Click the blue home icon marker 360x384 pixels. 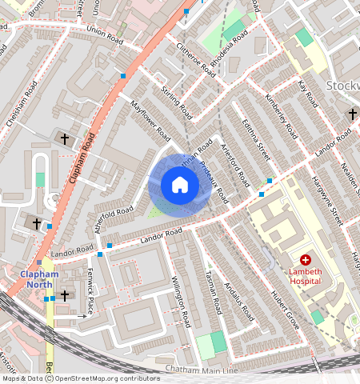(180, 185)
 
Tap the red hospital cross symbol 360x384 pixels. (305, 260)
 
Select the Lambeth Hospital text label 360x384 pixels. (305, 276)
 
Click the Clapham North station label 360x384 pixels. (38, 279)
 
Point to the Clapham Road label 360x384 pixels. (82, 152)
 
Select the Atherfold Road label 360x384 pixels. (113, 218)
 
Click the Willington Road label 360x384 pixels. (182, 302)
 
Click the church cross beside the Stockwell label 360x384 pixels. (351, 114)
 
